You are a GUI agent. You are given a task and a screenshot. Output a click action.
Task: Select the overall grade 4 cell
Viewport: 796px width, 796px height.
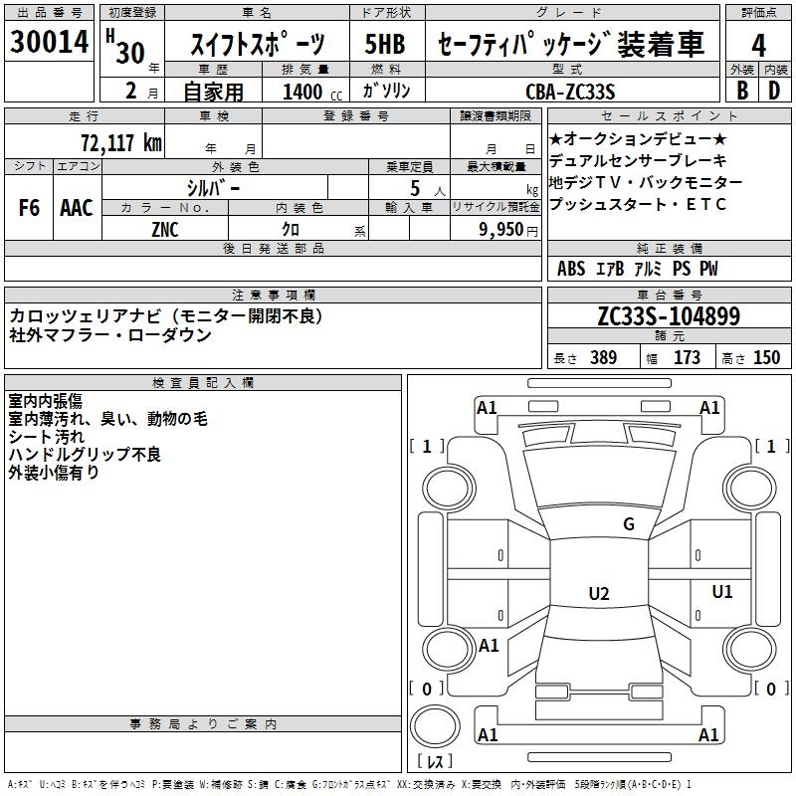(759, 45)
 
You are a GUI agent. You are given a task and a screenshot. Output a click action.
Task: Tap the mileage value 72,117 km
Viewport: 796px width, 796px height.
(122, 142)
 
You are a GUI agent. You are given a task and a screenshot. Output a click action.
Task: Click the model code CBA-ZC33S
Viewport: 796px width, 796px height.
(579, 92)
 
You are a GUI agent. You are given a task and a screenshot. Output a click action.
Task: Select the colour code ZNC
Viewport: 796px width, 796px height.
(165, 228)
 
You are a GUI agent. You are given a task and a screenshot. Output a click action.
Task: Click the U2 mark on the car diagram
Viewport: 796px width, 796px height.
(598, 593)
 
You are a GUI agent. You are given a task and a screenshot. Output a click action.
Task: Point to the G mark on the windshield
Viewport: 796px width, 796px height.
(628, 524)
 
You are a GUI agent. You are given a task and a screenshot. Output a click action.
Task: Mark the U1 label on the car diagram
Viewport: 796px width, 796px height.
(721, 592)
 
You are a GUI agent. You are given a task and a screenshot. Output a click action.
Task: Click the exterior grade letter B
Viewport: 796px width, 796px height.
(741, 91)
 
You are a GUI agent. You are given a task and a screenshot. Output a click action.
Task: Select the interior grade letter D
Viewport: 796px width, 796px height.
(774, 91)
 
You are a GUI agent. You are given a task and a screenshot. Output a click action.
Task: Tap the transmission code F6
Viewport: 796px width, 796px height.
(30, 208)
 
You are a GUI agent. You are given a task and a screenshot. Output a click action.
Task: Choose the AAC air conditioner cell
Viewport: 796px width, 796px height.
(76, 208)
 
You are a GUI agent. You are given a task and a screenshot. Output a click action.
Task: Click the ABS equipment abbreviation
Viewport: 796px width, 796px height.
(571, 269)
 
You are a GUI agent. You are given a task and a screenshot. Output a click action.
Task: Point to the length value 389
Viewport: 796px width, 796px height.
(602, 357)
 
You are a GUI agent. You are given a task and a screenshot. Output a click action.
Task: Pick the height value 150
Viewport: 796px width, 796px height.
(766, 357)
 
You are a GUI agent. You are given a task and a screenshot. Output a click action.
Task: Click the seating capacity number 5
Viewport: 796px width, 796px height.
(413, 187)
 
